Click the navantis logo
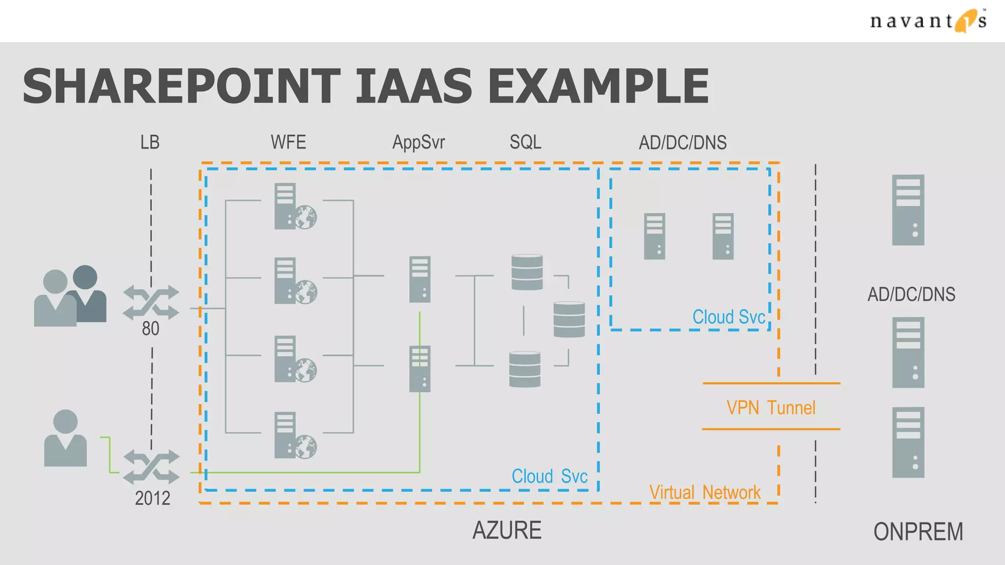pos(927,21)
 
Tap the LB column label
pos(150,143)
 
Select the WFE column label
pos(288,143)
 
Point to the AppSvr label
pos(418,143)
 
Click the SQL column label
pos(525,143)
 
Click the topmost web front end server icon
pos(293,206)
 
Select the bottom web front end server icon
pos(293,436)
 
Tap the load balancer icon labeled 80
pos(151,302)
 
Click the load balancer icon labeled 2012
pos(151,466)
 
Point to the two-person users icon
pos(70,296)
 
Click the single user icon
pos(65,438)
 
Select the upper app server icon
pos(420,279)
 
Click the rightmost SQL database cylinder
pos(569,319)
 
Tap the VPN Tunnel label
pos(770,408)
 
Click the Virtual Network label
pos(705,492)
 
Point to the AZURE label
pos(506,531)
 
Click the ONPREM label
pos(918,532)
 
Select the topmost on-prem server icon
pos(908,210)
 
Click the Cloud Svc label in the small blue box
pos(728,317)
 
